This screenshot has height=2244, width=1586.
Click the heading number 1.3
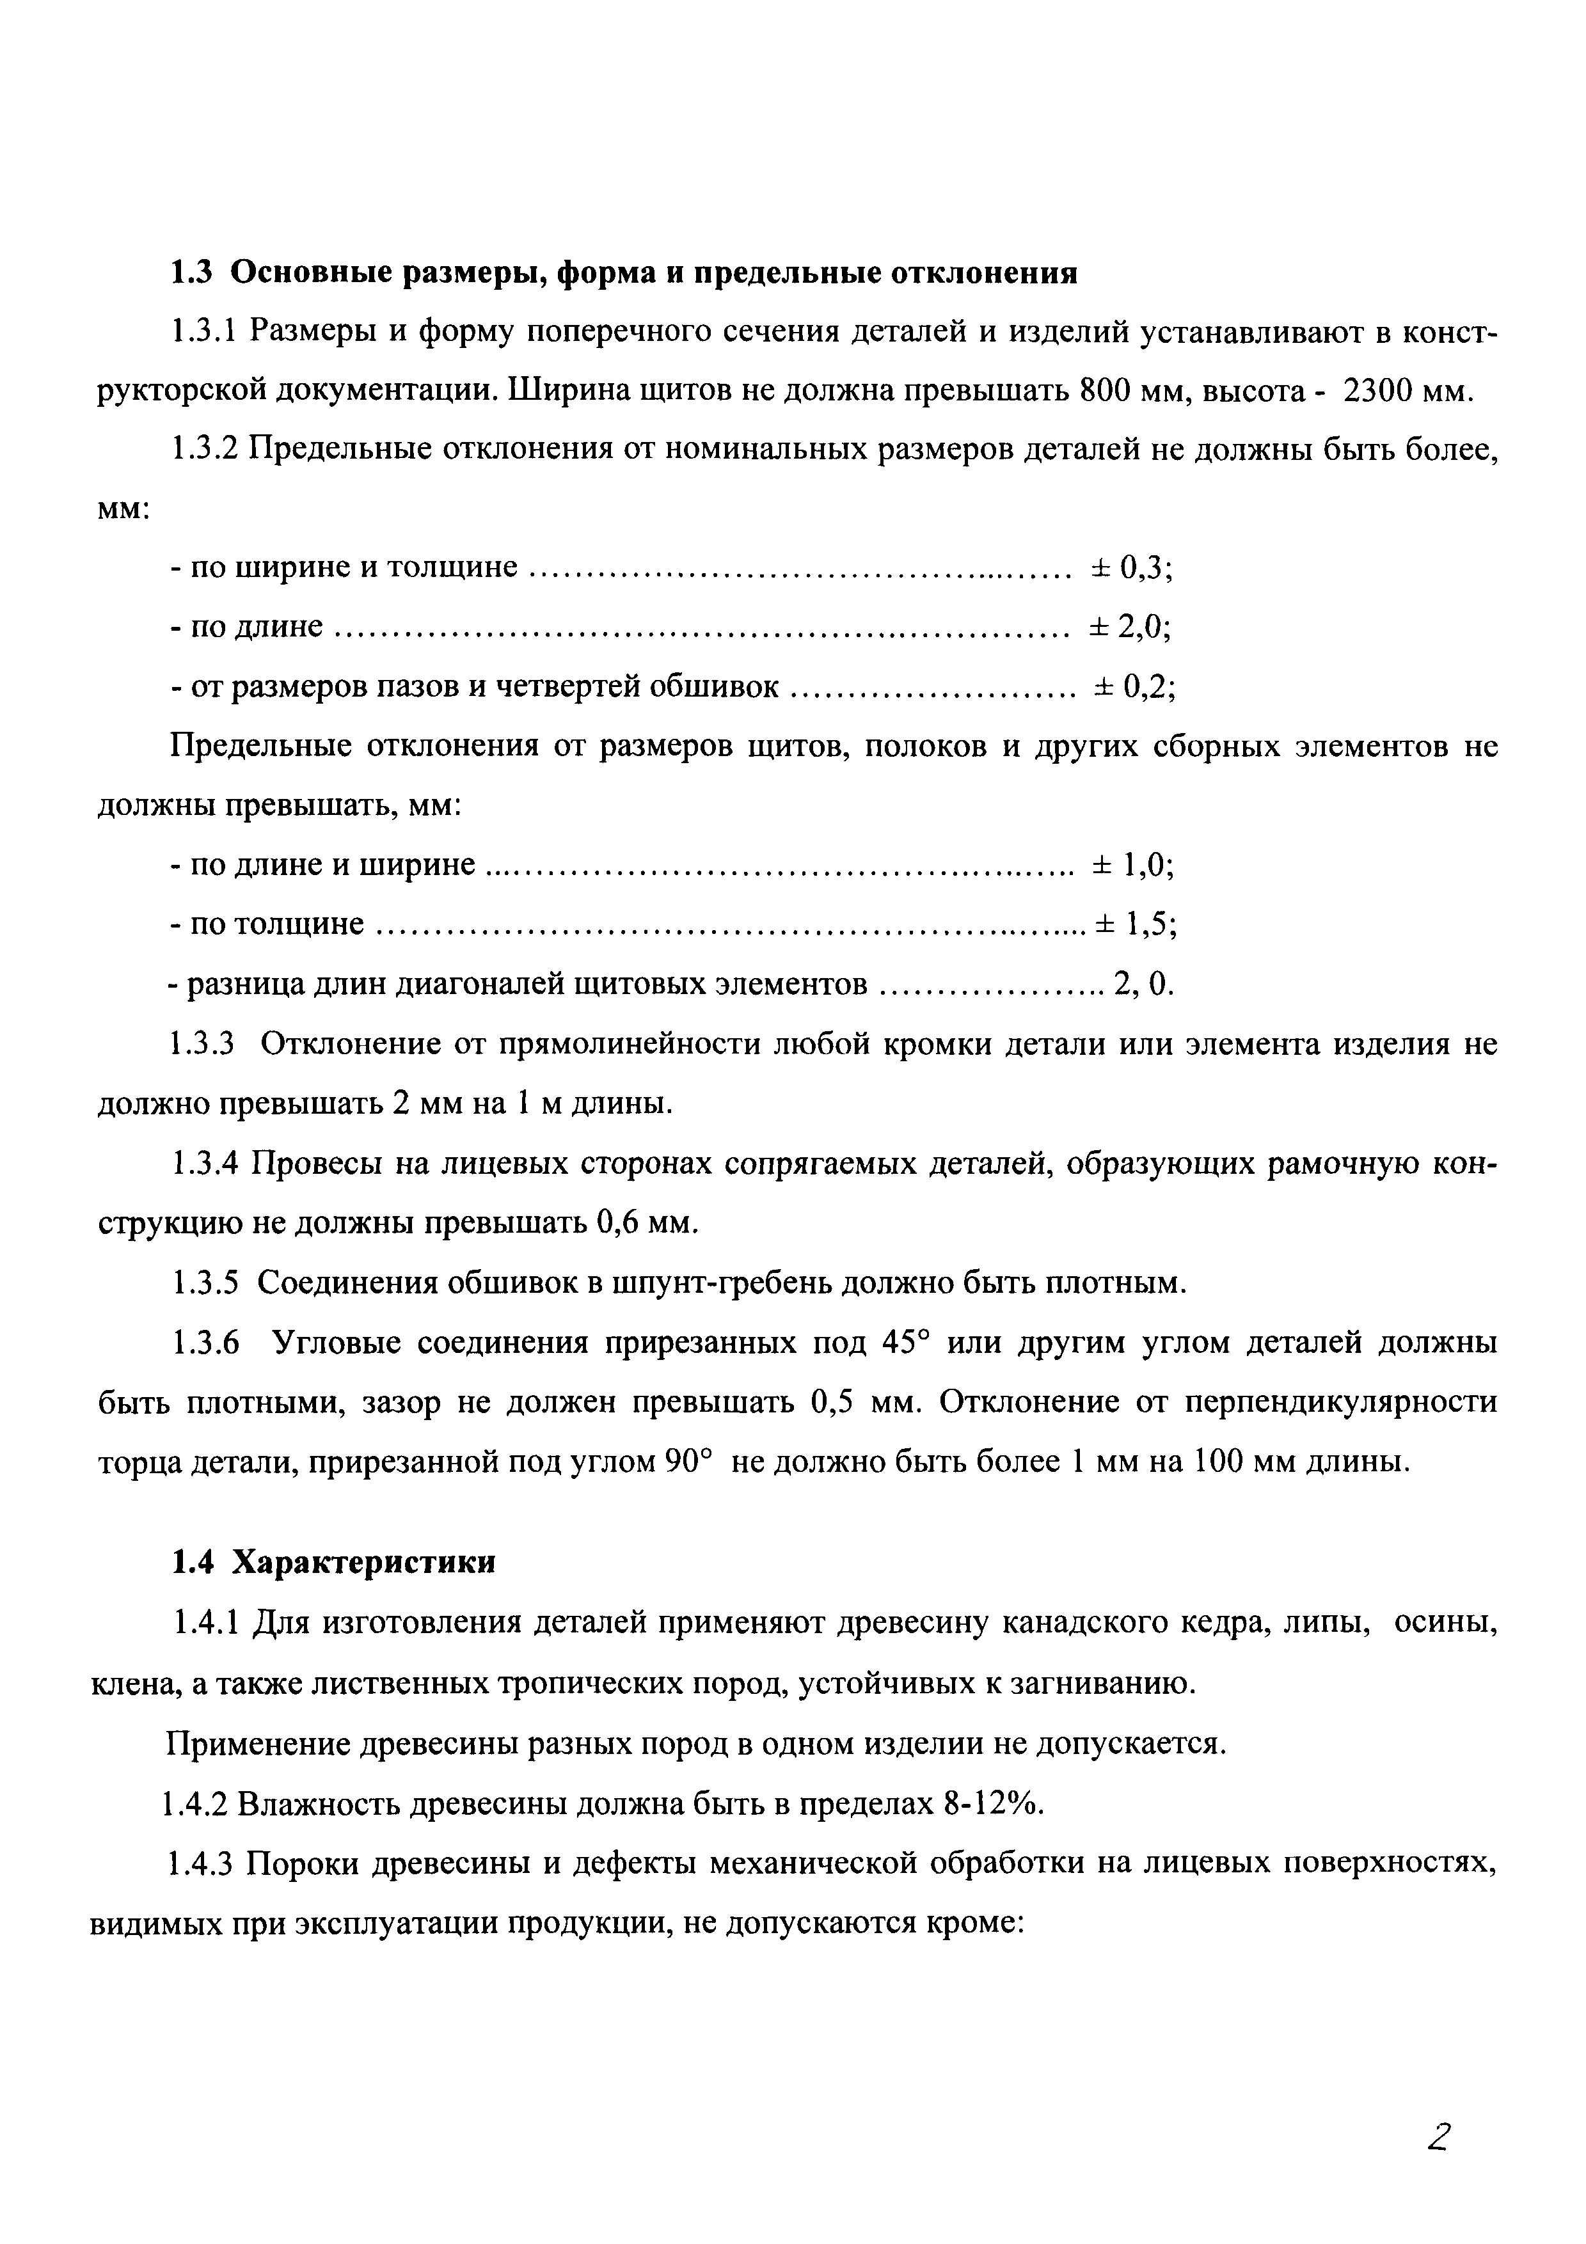click(191, 273)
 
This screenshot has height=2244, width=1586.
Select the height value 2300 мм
click(1405, 391)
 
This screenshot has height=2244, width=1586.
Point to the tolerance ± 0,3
click(1130, 568)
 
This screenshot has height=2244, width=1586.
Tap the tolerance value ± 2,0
click(1130, 626)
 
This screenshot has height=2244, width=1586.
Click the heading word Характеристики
click(363, 1563)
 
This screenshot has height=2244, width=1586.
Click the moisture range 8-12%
click(994, 1803)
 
